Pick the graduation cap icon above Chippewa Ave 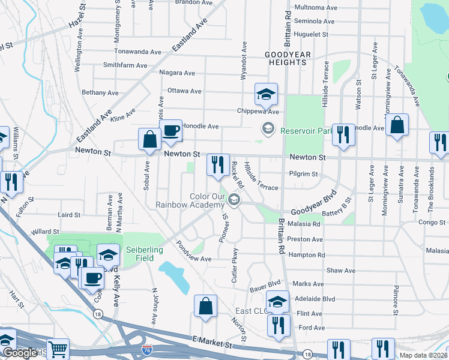coord(266,94)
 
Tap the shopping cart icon coord(58,349)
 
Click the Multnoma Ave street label coord(313,8)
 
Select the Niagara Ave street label coord(177,73)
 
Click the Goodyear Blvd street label coord(312,212)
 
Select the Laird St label coord(69,215)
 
